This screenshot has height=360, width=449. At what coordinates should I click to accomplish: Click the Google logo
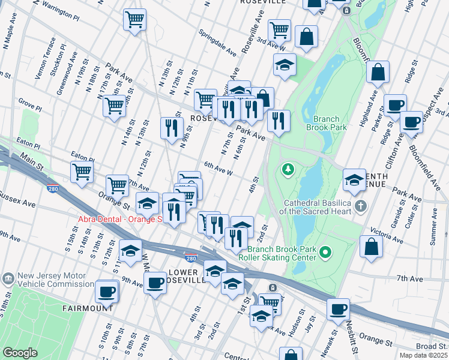[20, 353]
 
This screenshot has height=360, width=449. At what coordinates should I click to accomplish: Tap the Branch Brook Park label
[326, 123]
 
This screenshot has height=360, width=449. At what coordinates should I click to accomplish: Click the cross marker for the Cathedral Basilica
[361, 206]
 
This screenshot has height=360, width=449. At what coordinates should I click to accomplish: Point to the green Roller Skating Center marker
[325, 253]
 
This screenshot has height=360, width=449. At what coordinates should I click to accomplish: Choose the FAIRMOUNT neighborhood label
[88, 308]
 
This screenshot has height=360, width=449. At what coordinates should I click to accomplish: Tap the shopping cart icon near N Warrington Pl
[134, 19]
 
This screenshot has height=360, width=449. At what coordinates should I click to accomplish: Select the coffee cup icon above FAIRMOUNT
[107, 292]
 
